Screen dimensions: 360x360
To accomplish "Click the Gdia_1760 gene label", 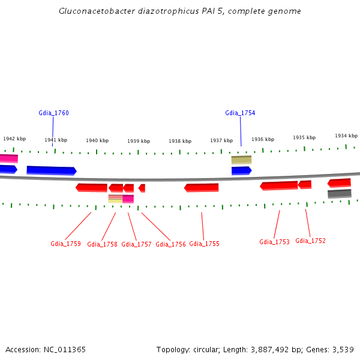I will (x=53, y=113).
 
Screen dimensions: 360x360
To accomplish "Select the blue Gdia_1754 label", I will (x=240, y=113).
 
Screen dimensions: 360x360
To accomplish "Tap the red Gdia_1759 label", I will (x=65, y=244).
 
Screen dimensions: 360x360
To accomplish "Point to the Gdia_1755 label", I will (x=204, y=244).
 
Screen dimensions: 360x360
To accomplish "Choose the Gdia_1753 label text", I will (x=274, y=242).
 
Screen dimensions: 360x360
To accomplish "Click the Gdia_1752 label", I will (x=310, y=241).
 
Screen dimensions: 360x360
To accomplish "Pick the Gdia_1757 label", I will (x=136, y=244).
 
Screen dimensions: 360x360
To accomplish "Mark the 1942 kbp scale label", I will (x=14, y=139).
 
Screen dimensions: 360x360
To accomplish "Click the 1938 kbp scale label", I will (x=180, y=141).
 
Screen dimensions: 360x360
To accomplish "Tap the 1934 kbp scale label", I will (x=346, y=136).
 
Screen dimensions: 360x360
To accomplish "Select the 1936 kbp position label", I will (x=263, y=139).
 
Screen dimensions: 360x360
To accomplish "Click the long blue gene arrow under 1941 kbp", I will (x=52, y=170).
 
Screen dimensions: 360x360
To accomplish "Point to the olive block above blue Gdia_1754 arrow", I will (x=241, y=160).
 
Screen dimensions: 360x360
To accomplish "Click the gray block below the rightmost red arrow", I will (x=340, y=193).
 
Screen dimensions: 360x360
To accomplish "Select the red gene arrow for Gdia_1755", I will (x=202, y=188).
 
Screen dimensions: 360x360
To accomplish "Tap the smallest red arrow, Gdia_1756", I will (x=142, y=188).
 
